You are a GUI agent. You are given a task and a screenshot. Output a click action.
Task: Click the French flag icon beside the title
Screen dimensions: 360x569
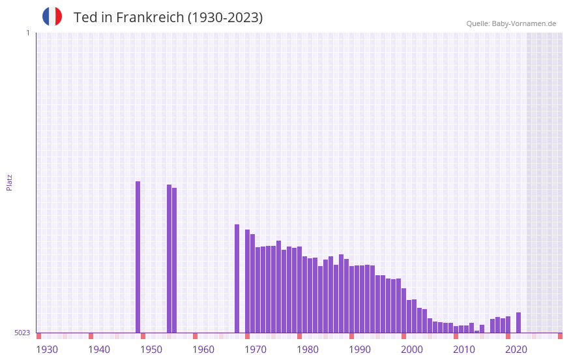(x=52, y=17)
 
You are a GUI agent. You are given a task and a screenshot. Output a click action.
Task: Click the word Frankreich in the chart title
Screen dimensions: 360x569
(x=150, y=18)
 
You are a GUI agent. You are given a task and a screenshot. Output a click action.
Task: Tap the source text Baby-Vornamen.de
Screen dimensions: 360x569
(x=524, y=23)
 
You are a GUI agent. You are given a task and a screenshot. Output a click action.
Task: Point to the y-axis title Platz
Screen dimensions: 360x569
(x=9, y=182)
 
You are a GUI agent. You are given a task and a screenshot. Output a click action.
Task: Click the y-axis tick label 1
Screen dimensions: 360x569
(x=27, y=33)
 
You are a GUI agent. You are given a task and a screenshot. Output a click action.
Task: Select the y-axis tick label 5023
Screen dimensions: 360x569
(x=22, y=333)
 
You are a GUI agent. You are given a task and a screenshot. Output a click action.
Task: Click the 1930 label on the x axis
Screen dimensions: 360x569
(x=47, y=350)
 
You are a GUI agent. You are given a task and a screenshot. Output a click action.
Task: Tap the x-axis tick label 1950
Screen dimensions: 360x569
(x=151, y=350)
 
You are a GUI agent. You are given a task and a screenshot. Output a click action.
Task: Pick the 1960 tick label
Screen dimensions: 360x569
(x=203, y=350)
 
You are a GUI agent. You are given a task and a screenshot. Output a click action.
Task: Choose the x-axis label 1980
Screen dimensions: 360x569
(x=308, y=350)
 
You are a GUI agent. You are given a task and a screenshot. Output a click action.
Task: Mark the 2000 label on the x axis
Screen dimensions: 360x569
(x=412, y=350)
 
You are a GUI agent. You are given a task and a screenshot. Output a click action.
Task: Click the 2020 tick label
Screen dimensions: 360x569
(x=516, y=350)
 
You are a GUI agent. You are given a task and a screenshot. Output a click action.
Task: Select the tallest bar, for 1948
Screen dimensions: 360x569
(x=138, y=257)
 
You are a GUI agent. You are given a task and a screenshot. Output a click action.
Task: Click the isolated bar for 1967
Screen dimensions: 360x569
(x=237, y=278)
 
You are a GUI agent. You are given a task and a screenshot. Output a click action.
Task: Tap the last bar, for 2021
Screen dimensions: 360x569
(x=519, y=323)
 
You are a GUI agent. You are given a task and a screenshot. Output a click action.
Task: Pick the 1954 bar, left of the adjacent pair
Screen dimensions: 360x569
(x=169, y=259)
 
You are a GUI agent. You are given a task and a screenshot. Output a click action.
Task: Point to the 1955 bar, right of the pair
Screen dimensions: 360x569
(x=175, y=260)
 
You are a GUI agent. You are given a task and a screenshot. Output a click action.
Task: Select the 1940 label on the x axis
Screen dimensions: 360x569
(x=99, y=350)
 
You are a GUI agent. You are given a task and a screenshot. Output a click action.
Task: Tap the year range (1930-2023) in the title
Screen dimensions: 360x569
(x=225, y=18)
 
